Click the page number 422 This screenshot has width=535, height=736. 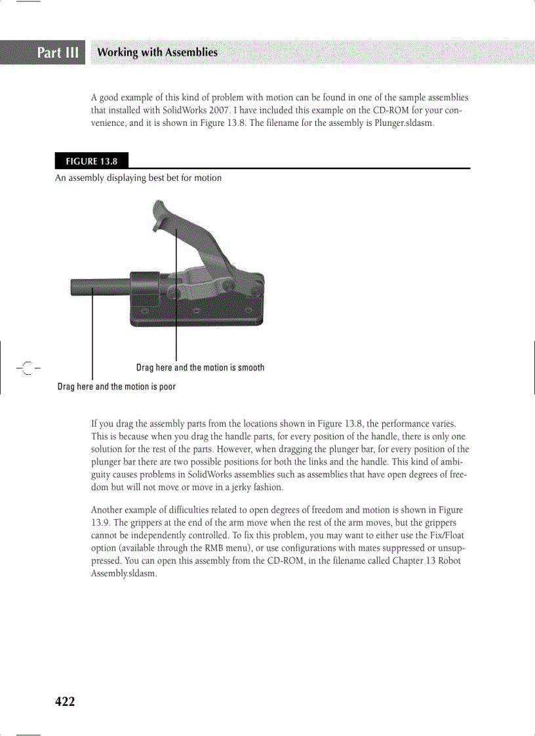pos(65,702)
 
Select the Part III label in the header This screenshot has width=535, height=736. pos(58,52)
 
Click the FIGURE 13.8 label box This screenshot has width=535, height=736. pos(91,161)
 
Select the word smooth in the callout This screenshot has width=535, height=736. pos(251,368)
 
